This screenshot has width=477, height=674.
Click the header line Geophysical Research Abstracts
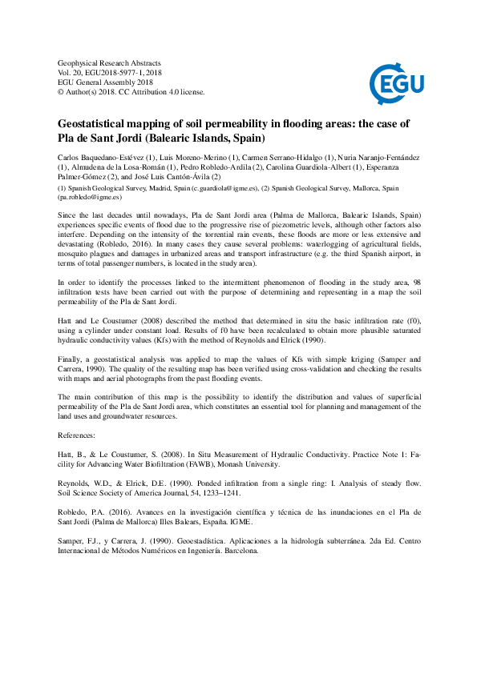coord(110,62)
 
